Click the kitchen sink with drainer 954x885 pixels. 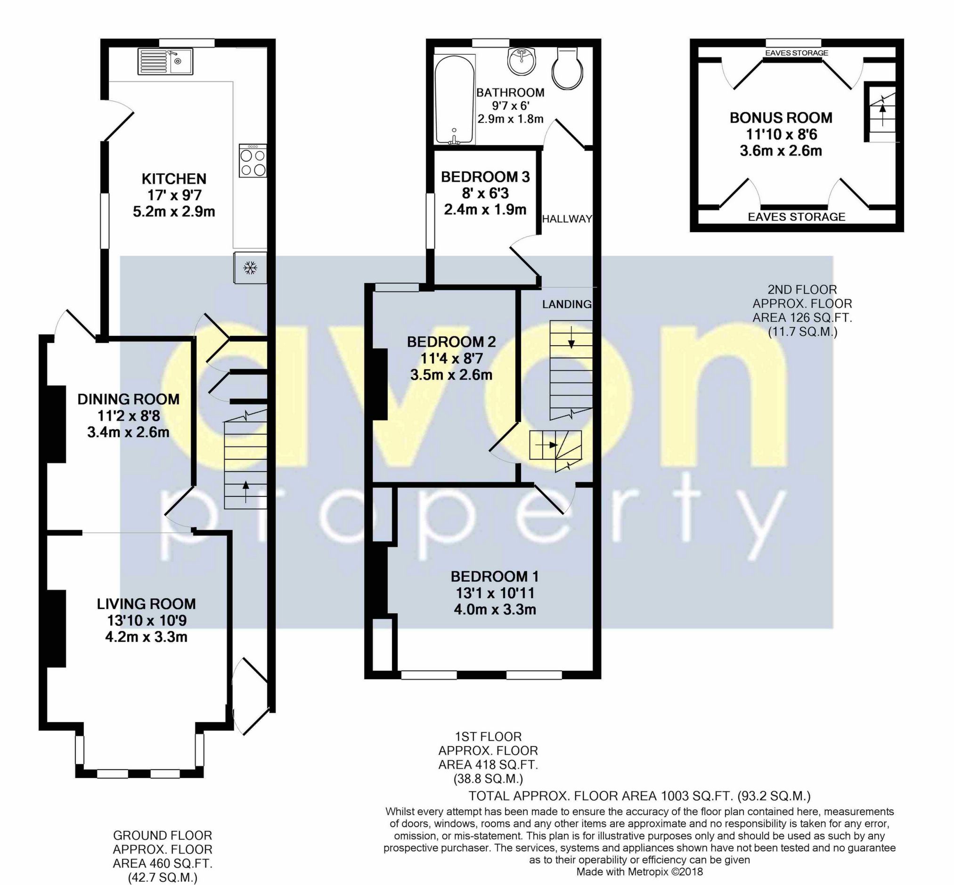coord(165,61)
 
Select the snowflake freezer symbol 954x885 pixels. coord(250,268)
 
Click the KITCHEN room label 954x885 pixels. coord(174,179)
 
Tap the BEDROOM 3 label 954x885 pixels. coord(485,177)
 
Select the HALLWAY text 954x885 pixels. coord(567,219)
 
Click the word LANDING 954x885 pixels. coord(567,304)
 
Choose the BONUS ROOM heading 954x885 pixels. coord(781,118)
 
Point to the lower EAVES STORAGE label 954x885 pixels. coord(796,217)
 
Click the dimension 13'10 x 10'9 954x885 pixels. coord(147,621)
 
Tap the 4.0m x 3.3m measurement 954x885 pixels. coord(495,609)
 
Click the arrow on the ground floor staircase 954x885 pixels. coord(245,491)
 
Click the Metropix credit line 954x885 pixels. coord(639,872)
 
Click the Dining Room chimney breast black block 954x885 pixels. coord(56,424)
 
